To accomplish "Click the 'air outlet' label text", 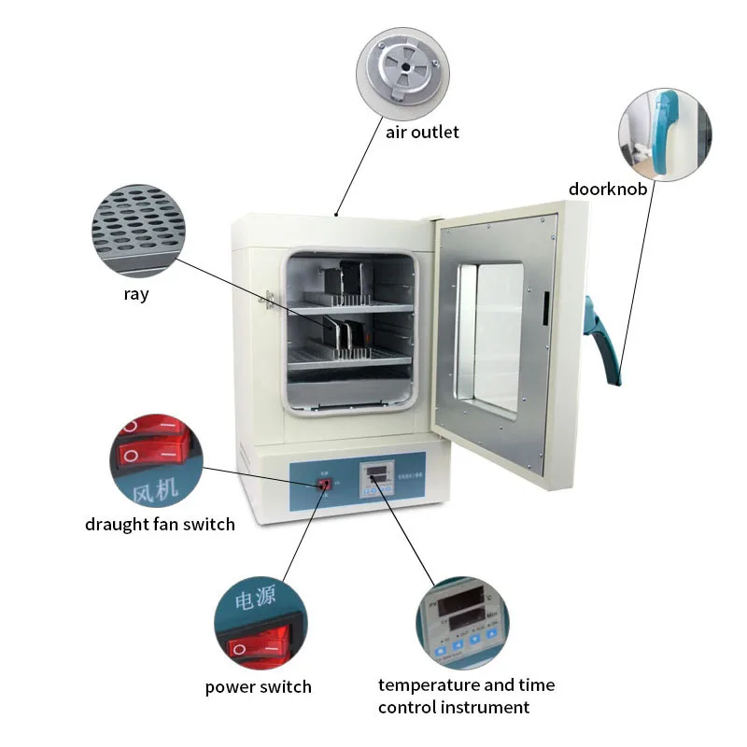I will pos(422,132).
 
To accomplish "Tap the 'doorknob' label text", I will pos(608,190).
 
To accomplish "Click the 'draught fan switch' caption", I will pos(160,524).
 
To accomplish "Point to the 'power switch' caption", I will pos(258,687).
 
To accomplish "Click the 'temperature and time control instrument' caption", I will pos(466,697).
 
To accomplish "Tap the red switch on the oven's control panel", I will pos(325,485).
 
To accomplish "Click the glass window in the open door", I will pos(489,337).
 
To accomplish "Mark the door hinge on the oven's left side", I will pos(271,301).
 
